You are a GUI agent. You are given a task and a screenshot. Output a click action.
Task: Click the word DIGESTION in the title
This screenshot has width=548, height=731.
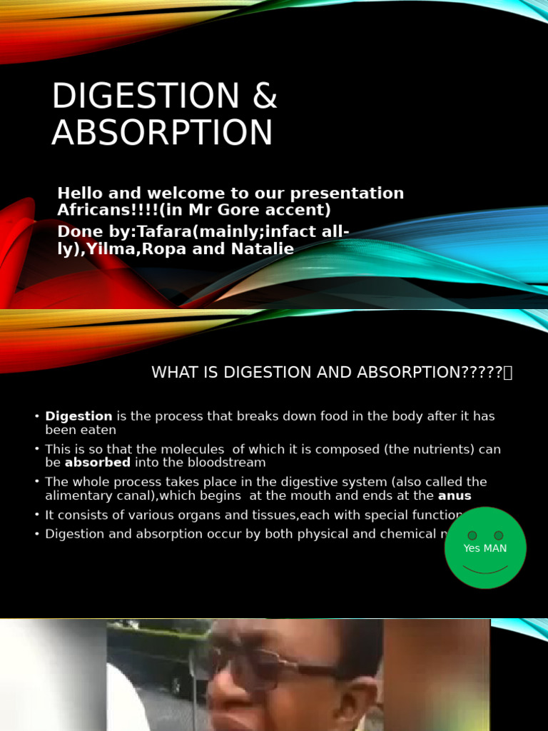(x=135, y=96)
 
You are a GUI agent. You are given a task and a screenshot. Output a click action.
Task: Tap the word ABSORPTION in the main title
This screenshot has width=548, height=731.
(x=162, y=133)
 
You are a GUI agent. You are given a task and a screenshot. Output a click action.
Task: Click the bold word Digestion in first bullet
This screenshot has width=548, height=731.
(x=78, y=416)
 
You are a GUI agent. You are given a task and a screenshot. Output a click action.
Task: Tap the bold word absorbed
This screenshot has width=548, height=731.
(x=97, y=463)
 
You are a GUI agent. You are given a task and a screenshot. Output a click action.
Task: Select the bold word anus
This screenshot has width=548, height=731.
(x=455, y=495)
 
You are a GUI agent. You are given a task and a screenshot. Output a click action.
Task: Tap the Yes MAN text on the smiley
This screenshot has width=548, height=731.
(x=485, y=548)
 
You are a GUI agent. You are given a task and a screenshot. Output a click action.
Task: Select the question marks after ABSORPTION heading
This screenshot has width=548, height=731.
(x=483, y=372)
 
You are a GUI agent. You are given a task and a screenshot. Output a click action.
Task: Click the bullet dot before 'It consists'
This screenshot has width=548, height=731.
(x=36, y=515)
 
